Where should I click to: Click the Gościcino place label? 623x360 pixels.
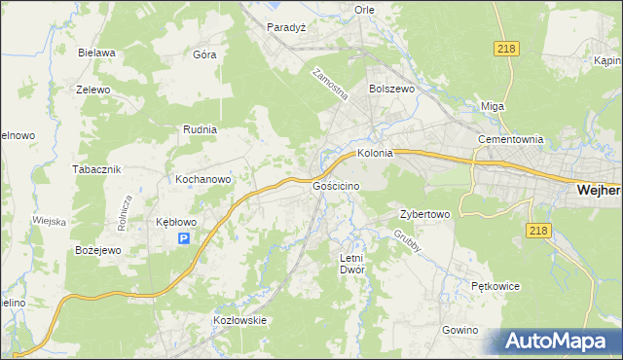[x=336, y=185]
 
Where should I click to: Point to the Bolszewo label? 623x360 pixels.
[x=391, y=88]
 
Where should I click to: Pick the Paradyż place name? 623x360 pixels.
[x=287, y=27]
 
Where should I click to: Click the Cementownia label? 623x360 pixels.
[x=509, y=139]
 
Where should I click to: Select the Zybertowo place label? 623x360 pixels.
[x=424, y=214]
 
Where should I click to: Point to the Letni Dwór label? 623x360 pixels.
[x=351, y=264]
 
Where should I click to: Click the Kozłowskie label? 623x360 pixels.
[x=239, y=320]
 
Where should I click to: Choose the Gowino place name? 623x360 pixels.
[x=459, y=330]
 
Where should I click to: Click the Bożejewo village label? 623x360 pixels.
[x=97, y=250]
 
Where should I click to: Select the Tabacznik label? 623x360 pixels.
[x=96, y=168]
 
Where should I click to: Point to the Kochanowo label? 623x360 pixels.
[x=202, y=180]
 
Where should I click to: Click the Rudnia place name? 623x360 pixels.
[x=200, y=128]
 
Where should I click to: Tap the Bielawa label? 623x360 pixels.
[x=97, y=53]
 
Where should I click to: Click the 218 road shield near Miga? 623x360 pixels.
[x=506, y=49]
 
